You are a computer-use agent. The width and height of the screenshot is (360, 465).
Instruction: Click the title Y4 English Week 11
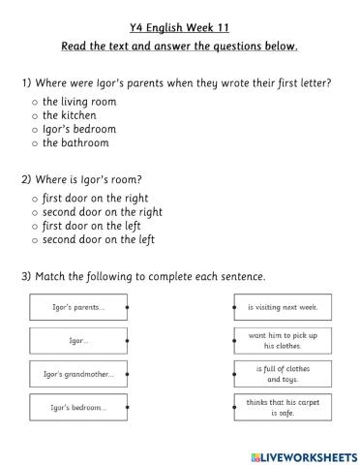tap(179, 27)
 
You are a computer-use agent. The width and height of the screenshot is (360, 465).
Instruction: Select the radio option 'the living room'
tap(35, 101)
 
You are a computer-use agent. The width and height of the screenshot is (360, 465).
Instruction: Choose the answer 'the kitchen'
tap(35, 115)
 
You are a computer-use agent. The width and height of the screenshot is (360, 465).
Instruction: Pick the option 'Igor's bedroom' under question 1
tap(35, 129)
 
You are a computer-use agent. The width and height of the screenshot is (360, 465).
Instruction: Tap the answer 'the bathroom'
tap(35, 143)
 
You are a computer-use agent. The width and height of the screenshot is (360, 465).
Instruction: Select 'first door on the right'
tap(35, 198)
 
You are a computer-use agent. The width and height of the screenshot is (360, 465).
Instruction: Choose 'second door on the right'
tap(35, 212)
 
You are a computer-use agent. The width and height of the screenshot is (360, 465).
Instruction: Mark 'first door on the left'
tap(35, 226)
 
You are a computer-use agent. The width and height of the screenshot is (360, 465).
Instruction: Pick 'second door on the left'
tap(35, 240)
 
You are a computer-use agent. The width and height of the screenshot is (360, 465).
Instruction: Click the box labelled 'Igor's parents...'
tap(77, 307)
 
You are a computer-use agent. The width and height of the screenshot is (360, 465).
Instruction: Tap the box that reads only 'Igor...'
tap(77, 341)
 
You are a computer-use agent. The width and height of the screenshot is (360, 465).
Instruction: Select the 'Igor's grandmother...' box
tap(77, 374)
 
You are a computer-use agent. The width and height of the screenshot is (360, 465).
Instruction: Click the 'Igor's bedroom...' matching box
tap(77, 408)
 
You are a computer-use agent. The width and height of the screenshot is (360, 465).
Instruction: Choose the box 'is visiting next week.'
tap(283, 307)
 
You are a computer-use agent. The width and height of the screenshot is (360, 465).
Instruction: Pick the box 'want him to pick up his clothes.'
tap(283, 340)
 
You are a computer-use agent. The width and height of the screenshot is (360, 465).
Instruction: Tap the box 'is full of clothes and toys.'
tap(283, 374)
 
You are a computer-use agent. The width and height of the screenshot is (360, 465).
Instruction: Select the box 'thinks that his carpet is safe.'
tap(283, 407)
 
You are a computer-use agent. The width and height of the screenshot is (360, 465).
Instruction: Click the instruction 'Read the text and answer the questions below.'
tap(179, 46)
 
